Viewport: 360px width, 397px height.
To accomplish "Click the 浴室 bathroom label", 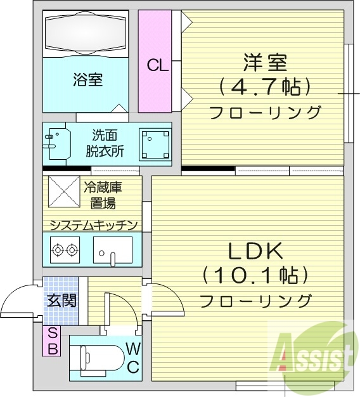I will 87,80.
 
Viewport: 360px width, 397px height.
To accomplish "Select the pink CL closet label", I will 157,65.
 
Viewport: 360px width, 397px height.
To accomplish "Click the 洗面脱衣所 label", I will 105,143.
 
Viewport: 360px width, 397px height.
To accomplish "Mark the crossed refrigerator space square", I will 62,191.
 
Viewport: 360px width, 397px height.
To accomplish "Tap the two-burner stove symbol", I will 65,250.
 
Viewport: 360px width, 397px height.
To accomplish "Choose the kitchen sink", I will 112,249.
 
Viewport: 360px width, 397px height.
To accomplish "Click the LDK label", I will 255,251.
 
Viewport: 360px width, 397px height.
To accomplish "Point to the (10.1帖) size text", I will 255,276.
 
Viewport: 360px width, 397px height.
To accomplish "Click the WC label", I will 134,357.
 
